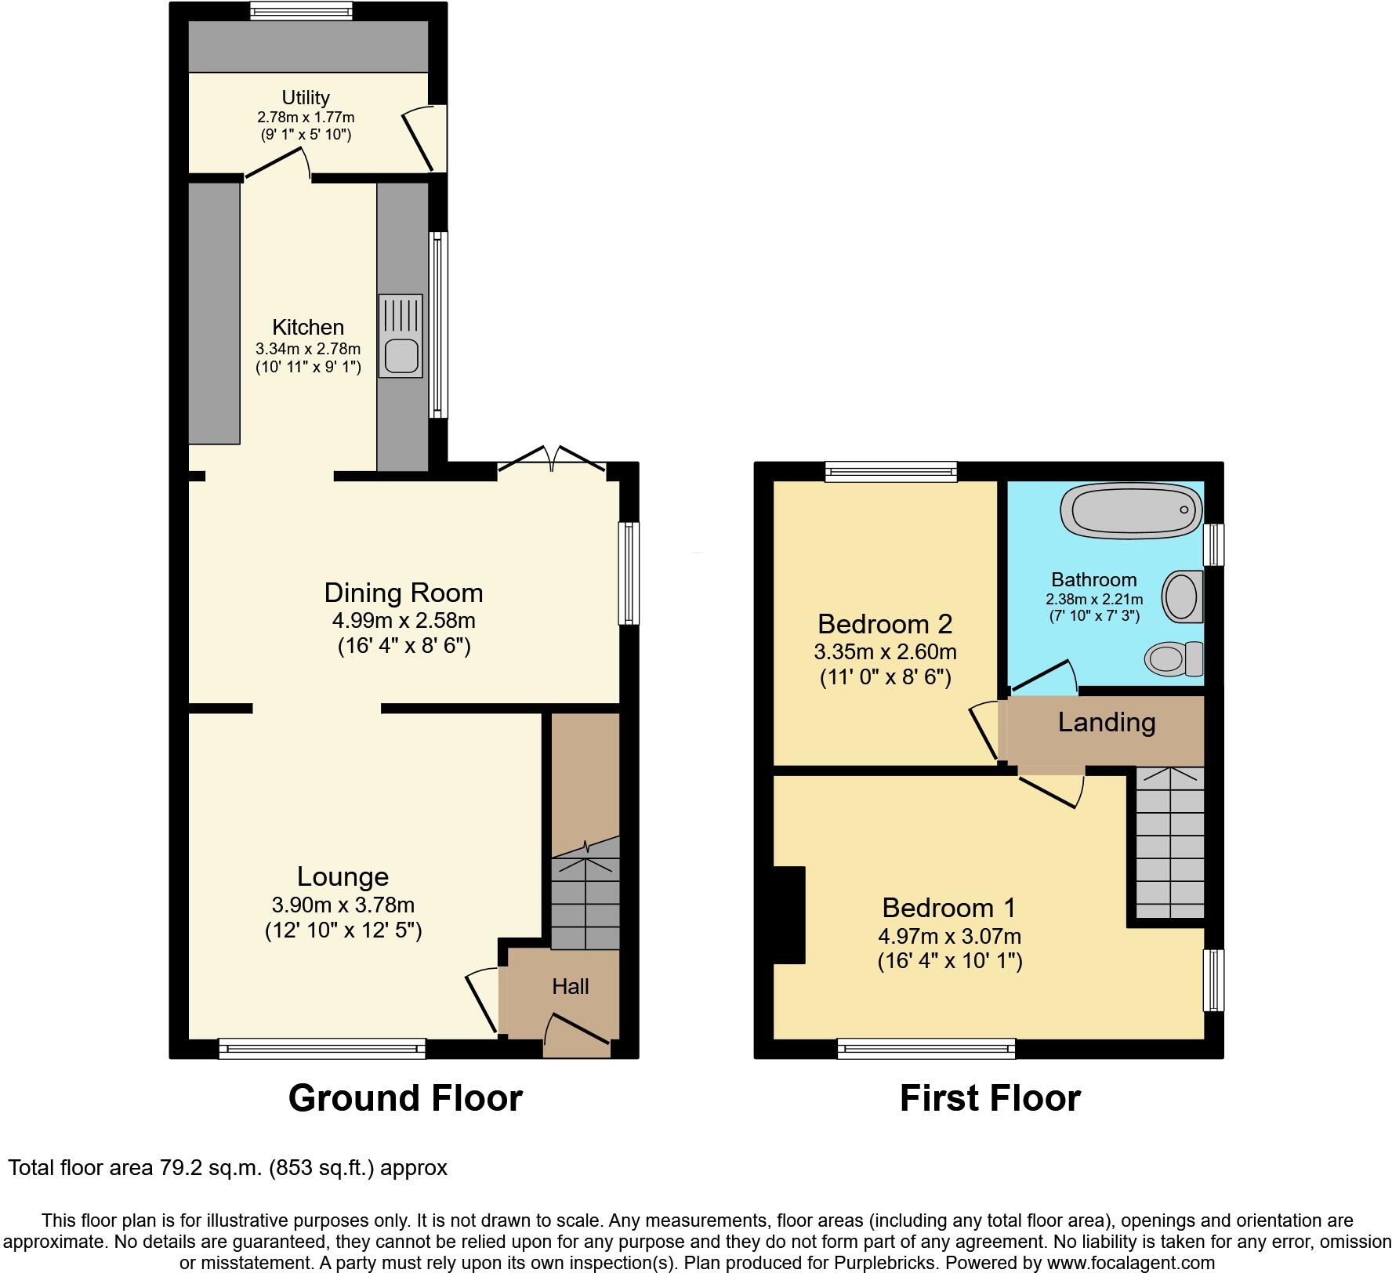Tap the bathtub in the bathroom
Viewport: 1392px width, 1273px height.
pyautogui.click(x=1130, y=510)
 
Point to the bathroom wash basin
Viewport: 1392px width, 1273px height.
pyautogui.click(x=1182, y=597)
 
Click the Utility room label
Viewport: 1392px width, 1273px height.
pyautogui.click(x=306, y=98)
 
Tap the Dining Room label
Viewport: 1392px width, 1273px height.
pyautogui.click(x=404, y=593)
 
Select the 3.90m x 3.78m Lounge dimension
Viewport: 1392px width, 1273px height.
pyautogui.click(x=343, y=905)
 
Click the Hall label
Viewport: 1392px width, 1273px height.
pyautogui.click(x=570, y=986)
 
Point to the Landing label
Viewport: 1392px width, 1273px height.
pyautogui.click(x=1106, y=722)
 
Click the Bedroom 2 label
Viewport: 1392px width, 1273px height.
pyautogui.click(x=885, y=624)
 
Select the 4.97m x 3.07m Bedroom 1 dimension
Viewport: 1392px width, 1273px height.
pyautogui.click(x=949, y=936)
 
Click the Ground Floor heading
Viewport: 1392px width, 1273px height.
pyautogui.click(x=405, y=1098)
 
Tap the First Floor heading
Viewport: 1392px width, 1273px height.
pyautogui.click(x=990, y=1098)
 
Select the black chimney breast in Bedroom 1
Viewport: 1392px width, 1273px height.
pyautogui.click(x=788, y=914)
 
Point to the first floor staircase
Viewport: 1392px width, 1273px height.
pyautogui.click(x=1169, y=843)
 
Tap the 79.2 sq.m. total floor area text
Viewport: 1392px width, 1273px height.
pyautogui.click(x=227, y=1168)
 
